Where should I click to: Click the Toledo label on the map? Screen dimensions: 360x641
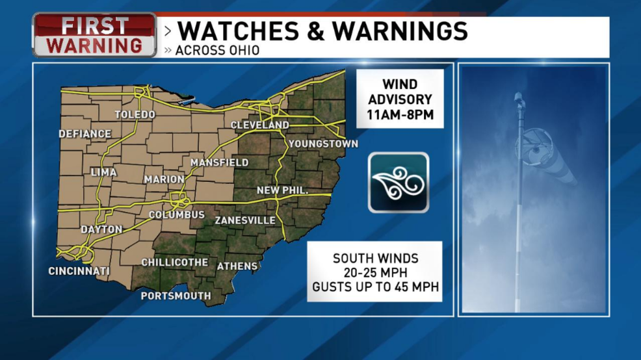point(135,114)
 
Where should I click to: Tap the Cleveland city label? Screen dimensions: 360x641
point(260,125)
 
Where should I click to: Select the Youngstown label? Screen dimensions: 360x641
point(323,144)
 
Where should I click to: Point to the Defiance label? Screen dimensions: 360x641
point(85,134)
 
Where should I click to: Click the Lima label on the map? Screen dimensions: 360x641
point(103,172)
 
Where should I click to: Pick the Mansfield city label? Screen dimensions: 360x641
point(220,162)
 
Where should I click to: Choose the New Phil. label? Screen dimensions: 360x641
point(281,190)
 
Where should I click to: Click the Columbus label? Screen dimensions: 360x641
point(177,214)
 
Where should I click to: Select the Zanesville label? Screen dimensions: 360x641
point(245,220)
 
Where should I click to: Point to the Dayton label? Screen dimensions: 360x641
point(101,229)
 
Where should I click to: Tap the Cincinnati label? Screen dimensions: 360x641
point(79,271)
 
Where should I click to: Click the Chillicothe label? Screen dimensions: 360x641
point(175,263)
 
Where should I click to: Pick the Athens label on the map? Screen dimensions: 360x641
point(237,266)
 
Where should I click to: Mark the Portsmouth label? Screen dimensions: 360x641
point(176,296)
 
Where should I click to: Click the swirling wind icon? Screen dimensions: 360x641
point(399,183)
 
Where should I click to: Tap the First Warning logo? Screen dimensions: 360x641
point(95,35)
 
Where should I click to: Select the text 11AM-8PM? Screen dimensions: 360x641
point(399,117)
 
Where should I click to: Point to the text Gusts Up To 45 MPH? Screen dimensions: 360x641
point(375,287)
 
